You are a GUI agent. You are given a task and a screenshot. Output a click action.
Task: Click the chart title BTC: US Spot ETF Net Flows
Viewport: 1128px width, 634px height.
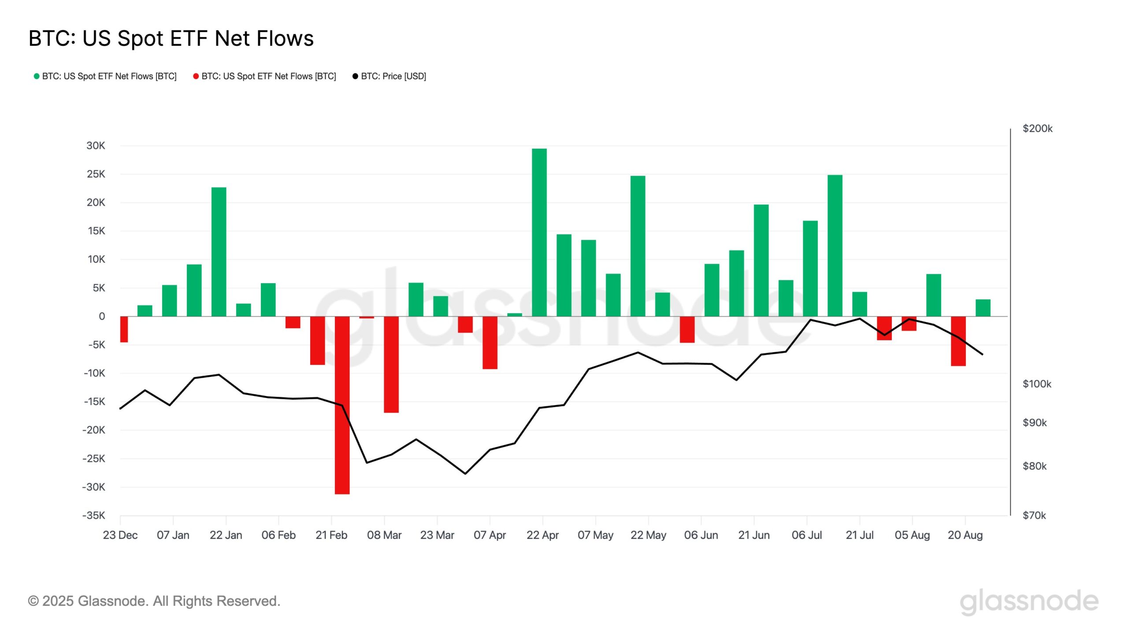pyautogui.click(x=171, y=38)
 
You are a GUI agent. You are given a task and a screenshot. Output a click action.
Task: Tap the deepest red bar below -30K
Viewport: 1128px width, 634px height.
pyautogui.click(x=342, y=405)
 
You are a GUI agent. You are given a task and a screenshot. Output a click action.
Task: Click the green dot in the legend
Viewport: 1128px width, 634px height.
pyautogui.click(x=37, y=76)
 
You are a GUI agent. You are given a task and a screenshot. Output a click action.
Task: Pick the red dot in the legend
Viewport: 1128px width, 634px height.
pyautogui.click(x=196, y=76)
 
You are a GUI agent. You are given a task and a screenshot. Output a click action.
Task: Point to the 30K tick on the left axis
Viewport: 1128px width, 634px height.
pyautogui.click(x=96, y=146)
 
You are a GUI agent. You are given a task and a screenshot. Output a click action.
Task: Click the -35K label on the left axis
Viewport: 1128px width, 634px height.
pyautogui.click(x=93, y=515)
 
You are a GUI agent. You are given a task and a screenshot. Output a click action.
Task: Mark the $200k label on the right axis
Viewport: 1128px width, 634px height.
pyautogui.click(x=1037, y=129)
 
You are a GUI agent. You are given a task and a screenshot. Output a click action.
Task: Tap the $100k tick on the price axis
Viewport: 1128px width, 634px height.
pyautogui.click(x=1036, y=384)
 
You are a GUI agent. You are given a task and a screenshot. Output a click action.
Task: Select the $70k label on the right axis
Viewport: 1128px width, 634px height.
pyautogui.click(x=1034, y=515)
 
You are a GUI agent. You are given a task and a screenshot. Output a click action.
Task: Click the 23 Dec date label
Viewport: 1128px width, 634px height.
pyautogui.click(x=120, y=535)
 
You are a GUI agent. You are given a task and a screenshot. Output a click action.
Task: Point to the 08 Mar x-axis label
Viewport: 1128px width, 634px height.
pyautogui.click(x=384, y=535)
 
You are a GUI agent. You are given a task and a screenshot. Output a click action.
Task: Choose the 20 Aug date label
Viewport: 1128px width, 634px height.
pyautogui.click(x=965, y=535)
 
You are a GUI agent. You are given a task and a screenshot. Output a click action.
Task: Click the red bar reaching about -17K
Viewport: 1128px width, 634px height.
pyautogui.click(x=391, y=365)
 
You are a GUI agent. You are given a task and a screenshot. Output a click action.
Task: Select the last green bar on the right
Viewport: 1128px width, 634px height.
pyautogui.click(x=983, y=308)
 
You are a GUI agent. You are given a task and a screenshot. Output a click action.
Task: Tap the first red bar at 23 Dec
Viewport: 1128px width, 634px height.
pyautogui.click(x=124, y=329)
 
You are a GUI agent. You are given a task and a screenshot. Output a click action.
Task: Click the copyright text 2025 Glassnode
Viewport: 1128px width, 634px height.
pyautogui.click(x=154, y=601)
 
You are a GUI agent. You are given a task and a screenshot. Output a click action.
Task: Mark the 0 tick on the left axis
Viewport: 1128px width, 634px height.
pyautogui.click(x=102, y=316)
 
